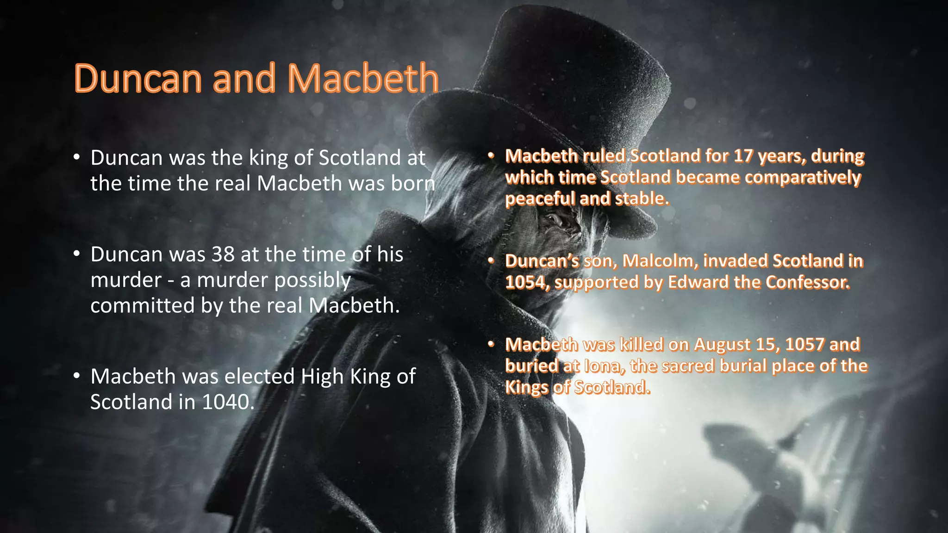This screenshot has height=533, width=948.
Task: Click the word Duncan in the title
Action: [137, 79]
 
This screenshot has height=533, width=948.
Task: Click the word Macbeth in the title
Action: [363, 79]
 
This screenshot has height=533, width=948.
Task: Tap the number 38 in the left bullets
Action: [223, 254]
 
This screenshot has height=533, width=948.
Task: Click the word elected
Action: [259, 376]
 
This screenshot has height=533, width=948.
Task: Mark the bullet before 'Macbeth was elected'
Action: [77, 376]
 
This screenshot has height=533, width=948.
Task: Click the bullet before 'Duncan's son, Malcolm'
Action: [491, 261]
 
